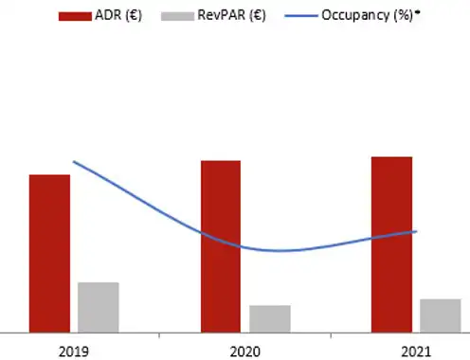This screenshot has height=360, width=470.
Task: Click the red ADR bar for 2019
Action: (x=49, y=254)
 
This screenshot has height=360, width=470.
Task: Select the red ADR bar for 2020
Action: (x=221, y=246)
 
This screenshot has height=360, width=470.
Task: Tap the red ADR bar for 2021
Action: (x=391, y=244)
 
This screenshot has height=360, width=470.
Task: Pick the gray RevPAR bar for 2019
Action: (x=99, y=308)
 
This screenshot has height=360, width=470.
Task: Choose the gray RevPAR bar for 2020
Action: (x=270, y=319)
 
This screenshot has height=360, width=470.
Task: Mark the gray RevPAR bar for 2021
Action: (x=441, y=315)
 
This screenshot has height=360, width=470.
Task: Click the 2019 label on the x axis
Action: (x=74, y=351)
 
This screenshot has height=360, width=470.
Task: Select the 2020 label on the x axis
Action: (x=245, y=351)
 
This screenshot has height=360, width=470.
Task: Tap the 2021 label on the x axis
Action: (x=416, y=351)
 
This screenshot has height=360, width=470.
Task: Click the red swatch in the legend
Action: (x=75, y=16)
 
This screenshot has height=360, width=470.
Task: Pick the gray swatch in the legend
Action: (x=177, y=16)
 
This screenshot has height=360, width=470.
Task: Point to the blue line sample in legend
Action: (x=301, y=16)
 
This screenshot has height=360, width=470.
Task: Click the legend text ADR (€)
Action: (x=118, y=15)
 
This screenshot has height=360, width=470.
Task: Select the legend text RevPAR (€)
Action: (x=231, y=15)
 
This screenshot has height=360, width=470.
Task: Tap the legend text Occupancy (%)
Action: (x=367, y=15)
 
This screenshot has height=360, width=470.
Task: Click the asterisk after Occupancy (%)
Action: (x=418, y=12)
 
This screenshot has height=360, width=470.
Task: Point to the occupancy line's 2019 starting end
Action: (x=74, y=162)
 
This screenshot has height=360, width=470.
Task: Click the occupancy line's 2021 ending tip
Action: (x=417, y=231)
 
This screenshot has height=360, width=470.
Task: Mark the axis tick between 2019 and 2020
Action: (x=159, y=335)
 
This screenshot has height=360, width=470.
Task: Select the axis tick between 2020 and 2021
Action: (x=331, y=335)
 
